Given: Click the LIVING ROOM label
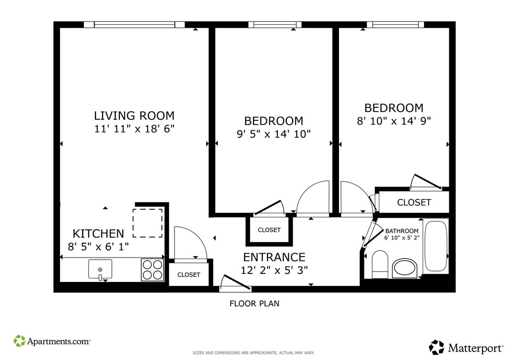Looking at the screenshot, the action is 134,115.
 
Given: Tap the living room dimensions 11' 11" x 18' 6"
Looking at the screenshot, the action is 134,129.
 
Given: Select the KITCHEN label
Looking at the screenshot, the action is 98,233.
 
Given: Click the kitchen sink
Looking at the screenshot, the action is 100,270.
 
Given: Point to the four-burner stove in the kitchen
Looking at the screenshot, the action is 153,270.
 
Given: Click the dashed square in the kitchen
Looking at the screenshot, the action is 147,223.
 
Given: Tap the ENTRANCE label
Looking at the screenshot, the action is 274,257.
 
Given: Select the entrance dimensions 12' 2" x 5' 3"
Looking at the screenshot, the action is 274,270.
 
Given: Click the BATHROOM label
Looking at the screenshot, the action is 402,231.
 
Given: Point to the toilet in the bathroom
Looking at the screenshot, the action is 380,264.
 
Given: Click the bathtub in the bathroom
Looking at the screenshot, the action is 436,246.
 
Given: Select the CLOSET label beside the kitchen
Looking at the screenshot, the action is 188,274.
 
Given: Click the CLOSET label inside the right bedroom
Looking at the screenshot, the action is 414,202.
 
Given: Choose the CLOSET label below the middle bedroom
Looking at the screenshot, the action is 269,230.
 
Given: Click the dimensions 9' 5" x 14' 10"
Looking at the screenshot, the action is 274,134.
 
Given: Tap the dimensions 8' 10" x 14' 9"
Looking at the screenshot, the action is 394,121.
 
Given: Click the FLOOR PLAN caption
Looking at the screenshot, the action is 254,303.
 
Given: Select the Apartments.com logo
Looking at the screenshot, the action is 52,341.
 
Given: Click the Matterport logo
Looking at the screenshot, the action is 466,348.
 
